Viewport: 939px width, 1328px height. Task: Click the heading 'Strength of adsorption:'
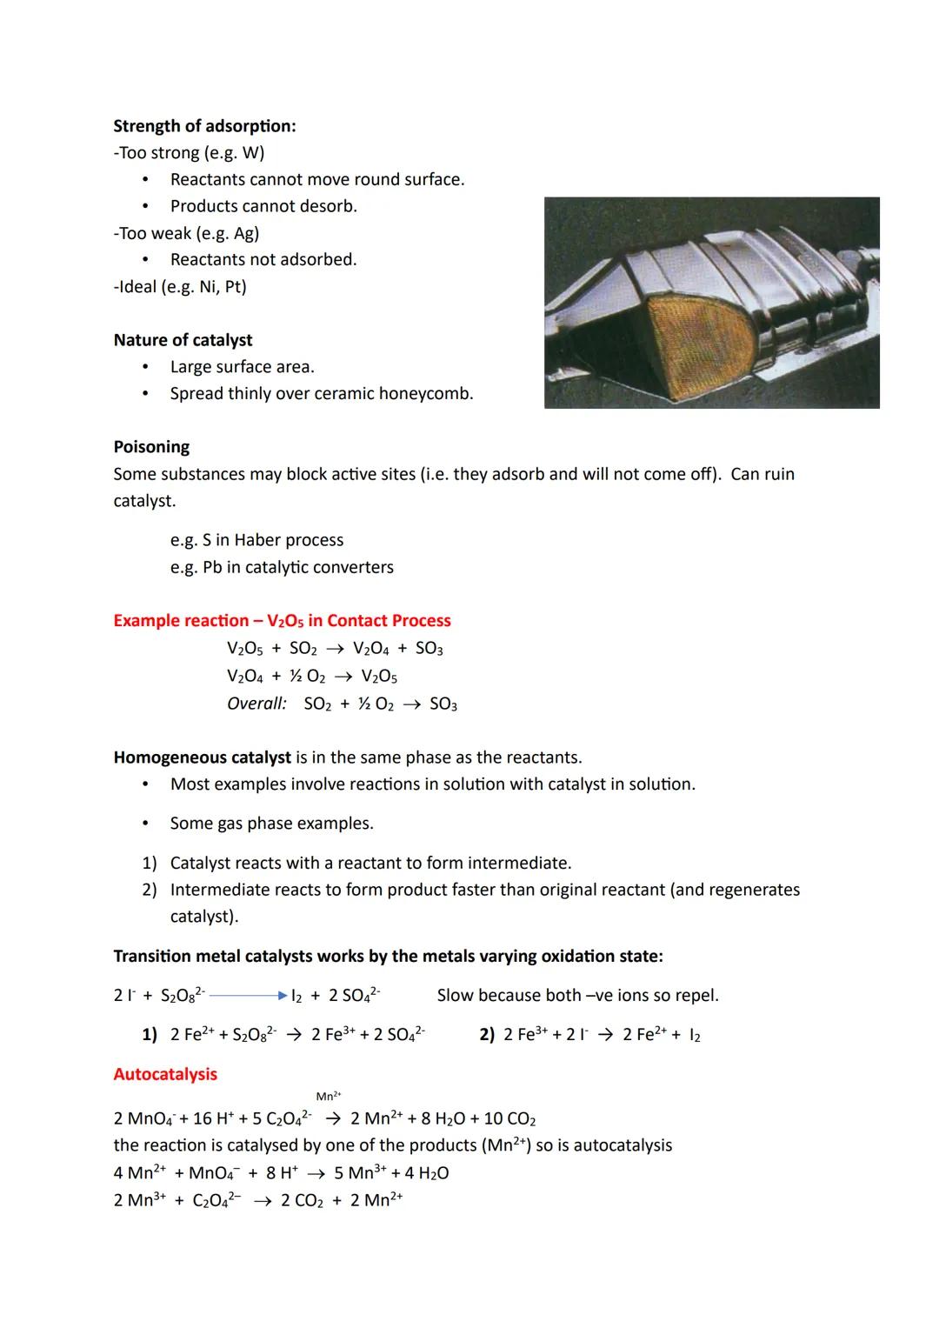pyautogui.click(x=204, y=126)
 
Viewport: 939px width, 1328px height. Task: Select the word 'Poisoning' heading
pyautogui.click(x=151, y=447)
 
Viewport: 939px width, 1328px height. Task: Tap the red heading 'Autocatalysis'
pyautogui.click(x=165, y=1074)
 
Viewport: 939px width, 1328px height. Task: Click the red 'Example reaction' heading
pyautogui.click(x=282, y=621)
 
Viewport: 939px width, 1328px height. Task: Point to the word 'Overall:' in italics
pyautogui.click(x=256, y=704)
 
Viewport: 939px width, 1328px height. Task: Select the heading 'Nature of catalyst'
pyautogui.click(x=183, y=340)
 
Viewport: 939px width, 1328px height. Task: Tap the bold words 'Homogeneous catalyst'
pyautogui.click(x=202, y=757)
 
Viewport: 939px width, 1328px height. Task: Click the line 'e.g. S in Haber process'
pyautogui.click(x=256, y=540)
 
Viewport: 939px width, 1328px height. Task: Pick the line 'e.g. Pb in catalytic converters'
pyautogui.click(x=282, y=567)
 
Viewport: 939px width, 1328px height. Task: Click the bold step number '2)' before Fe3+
pyautogui.click(x=487, y=1035)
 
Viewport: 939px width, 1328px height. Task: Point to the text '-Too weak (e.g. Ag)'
pyautogui.click(x=186, y=233)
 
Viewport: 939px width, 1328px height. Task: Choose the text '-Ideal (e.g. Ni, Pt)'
pyautogui.click(x=180, y=286)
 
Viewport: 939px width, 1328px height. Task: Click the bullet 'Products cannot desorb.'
pyautogui.click(x=263, y=206)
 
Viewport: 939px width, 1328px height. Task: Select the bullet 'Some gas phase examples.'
pyautogui.click(x=271, y=824)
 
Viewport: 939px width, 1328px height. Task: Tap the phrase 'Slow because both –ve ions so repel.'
pyautogui.click(x=577, y=995)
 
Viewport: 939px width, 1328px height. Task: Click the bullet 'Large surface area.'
pyautogui.click(x=242, y=367)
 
